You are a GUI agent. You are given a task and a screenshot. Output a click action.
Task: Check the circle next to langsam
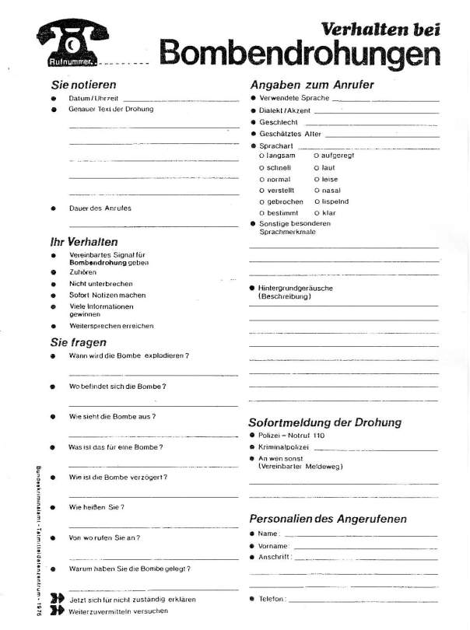[261, 156]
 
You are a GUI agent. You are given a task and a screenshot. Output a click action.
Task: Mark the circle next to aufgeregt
[317, 156]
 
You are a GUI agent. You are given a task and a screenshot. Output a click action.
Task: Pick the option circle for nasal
[317, 190]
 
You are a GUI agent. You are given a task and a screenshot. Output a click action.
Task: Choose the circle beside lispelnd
[317, 201]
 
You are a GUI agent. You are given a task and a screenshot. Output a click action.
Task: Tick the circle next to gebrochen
[261, 201]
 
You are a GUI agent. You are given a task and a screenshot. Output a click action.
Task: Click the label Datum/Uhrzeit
[93, 99]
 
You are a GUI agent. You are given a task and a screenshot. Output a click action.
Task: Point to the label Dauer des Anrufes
[100, 208]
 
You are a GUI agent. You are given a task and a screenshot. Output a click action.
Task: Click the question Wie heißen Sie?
[97, 506]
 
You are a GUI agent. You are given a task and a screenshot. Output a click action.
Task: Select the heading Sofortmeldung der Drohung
[324, 422]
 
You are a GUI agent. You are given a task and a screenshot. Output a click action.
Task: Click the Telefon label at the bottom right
[272, 599]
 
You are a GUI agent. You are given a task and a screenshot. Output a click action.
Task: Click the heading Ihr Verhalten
[84, 242]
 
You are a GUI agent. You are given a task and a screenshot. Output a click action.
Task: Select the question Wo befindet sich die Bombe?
[117, 386]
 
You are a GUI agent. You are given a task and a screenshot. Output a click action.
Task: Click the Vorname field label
[274, 546]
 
